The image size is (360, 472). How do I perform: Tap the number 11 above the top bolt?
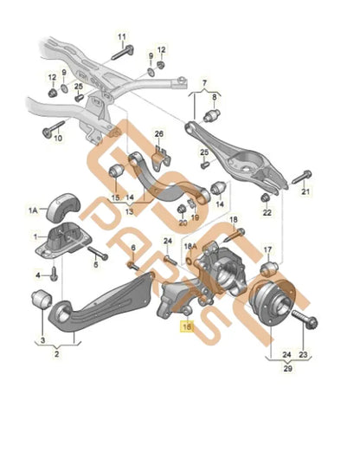point(122,36)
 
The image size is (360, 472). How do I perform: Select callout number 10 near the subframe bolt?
point(58,138)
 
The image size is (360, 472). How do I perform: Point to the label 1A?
point(33,210)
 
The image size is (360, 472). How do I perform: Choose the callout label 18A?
point(192,246)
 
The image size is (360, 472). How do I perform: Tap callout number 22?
point(266,211)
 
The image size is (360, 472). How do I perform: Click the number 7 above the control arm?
point(205,83)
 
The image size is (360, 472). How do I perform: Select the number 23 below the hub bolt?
point(303,353)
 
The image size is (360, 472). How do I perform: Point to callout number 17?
point(267,249)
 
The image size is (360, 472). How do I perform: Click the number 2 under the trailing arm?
point(58,353)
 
